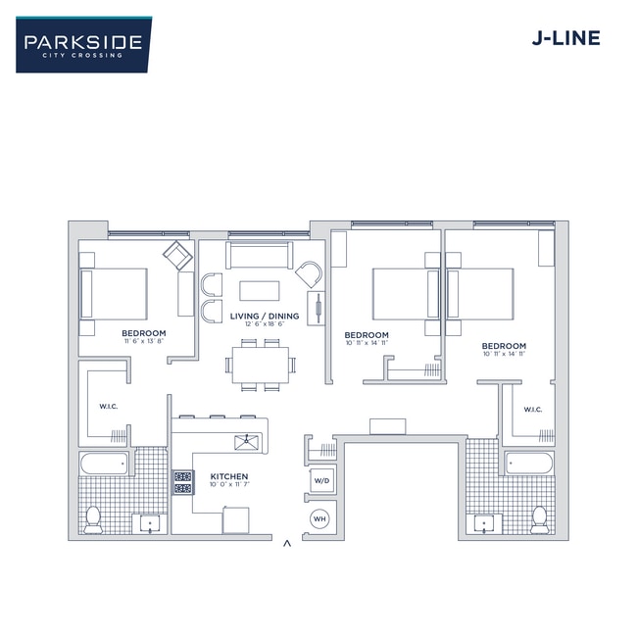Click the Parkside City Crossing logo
83,44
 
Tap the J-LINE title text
565,39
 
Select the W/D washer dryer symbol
320,481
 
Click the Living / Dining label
264,317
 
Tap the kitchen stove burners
183,481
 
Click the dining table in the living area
261,364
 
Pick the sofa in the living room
260,255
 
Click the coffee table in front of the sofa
260,290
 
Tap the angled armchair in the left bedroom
177,257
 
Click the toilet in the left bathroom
93,518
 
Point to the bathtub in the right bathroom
529,463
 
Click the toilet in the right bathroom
539,518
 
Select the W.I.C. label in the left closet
109,407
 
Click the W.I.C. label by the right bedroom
533,410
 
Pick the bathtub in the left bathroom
104,463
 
